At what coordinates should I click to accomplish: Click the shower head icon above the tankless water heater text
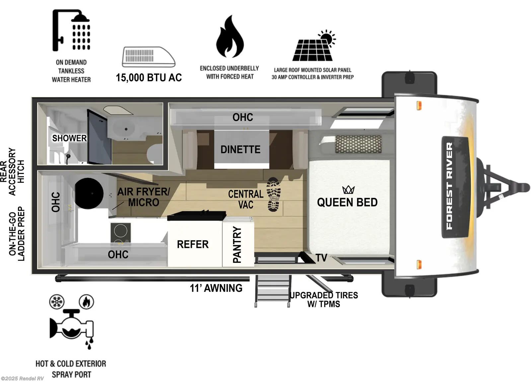point(71,30)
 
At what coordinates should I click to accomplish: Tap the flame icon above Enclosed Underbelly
point(230,37)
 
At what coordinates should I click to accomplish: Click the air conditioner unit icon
point(148,57)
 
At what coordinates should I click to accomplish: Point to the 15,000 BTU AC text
point(149,78)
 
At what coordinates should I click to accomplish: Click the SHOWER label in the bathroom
point(69,138)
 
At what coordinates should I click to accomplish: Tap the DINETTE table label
point(241,149)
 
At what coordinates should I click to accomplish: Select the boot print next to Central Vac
point(274,194)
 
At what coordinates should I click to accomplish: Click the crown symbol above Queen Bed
point(348,190)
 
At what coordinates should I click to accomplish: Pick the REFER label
point(193,245)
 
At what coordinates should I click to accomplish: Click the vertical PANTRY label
point(237,245)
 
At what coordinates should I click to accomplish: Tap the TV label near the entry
point(321,258)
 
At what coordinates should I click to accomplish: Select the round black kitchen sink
point(89,193)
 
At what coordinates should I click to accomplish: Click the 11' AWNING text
point(216,288)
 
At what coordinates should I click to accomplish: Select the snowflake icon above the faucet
point(57,302)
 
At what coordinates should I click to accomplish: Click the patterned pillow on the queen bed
point(358,144)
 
